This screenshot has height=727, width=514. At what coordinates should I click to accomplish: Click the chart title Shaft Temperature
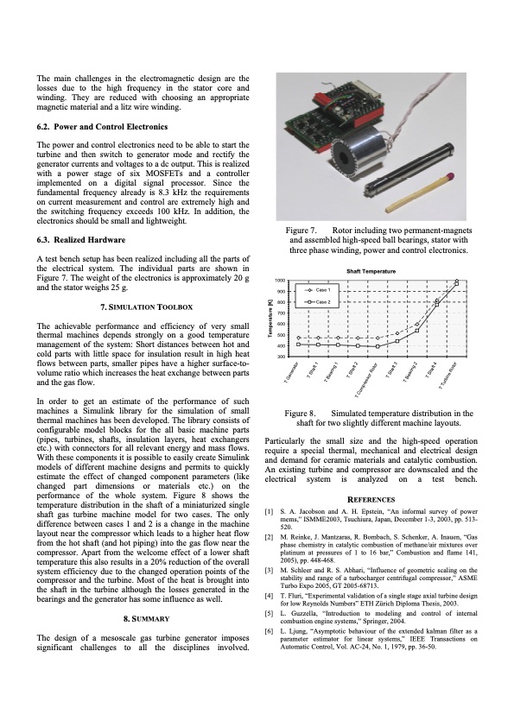[x=371, y=271]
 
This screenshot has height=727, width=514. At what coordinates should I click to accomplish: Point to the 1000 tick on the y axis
[x=279, y=281]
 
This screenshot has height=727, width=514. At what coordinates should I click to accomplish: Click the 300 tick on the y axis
[x=281, y=357]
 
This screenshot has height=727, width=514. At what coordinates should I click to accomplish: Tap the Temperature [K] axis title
[x=270, y=318]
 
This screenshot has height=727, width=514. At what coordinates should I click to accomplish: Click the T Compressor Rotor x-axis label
[x=366, y=379]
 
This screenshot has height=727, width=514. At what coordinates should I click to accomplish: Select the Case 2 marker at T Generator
[x=298, y=344]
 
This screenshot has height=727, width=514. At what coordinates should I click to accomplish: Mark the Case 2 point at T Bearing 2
[x=417, y=330]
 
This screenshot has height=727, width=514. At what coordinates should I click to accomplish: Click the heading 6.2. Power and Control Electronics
[x=102, y=127]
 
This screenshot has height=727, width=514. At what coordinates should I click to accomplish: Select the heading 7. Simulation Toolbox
[x=146, y=307]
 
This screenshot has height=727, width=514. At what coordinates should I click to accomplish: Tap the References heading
[x=371, y=499]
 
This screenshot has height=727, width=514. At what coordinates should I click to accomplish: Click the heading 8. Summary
[x=146, y=619]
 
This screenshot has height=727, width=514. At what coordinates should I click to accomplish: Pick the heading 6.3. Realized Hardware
[x=81, y=240]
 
